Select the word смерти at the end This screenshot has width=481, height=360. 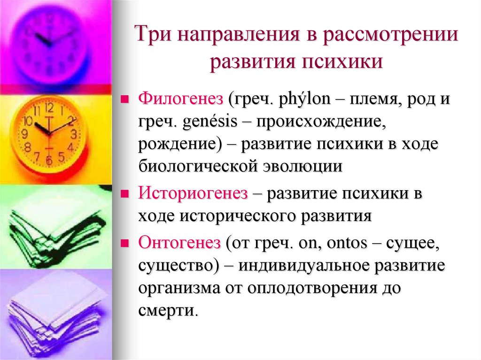coord(166,310)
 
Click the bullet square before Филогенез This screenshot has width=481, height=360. coord(125,100)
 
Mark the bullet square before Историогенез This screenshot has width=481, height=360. coord(125,193)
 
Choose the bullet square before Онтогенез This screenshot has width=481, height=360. coord(125,243)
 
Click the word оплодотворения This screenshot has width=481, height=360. coord(312,287)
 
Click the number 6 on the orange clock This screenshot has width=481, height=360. coord(48,161)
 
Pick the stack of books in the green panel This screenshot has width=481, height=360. coord(54,225)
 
